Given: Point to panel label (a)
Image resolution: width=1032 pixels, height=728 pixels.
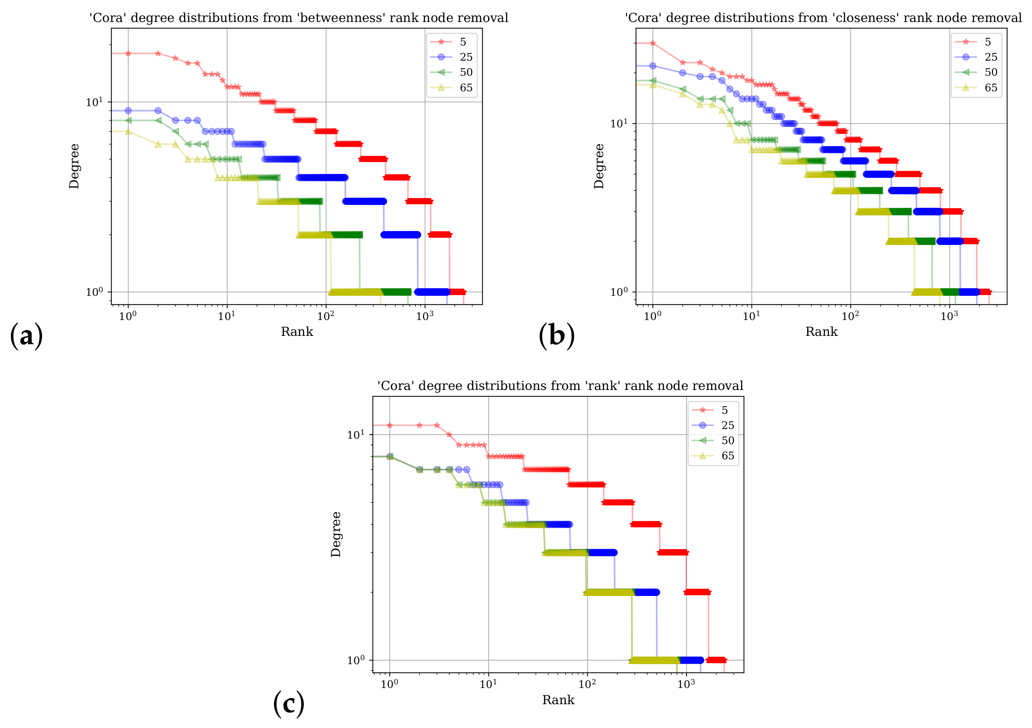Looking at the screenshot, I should click(x=26, y=336).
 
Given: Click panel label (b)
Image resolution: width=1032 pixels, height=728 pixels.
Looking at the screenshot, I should click(x=557, y=336).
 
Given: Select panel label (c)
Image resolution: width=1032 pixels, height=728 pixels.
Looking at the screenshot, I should click(x=288, y=704).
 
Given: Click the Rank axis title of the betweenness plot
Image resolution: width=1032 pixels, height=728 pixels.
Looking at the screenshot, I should click(x=297, y=332).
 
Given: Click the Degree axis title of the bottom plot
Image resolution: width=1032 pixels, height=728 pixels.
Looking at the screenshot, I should click(x=336, y=534).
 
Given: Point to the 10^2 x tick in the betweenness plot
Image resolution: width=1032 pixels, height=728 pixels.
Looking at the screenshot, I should click(x=326, y=316).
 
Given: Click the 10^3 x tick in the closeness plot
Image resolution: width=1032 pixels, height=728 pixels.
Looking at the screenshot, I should click(x=949, y=316).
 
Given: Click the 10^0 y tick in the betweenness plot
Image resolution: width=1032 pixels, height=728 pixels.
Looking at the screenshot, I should click(x=94, y=292).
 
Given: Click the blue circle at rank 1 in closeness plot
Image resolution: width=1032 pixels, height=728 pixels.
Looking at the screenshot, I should click(x=653, y=66).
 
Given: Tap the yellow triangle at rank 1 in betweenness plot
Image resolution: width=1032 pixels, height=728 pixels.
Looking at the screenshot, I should click(x=128, y=132).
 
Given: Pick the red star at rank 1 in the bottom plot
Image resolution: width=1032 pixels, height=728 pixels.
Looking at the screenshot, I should click(x=390, y=425).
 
